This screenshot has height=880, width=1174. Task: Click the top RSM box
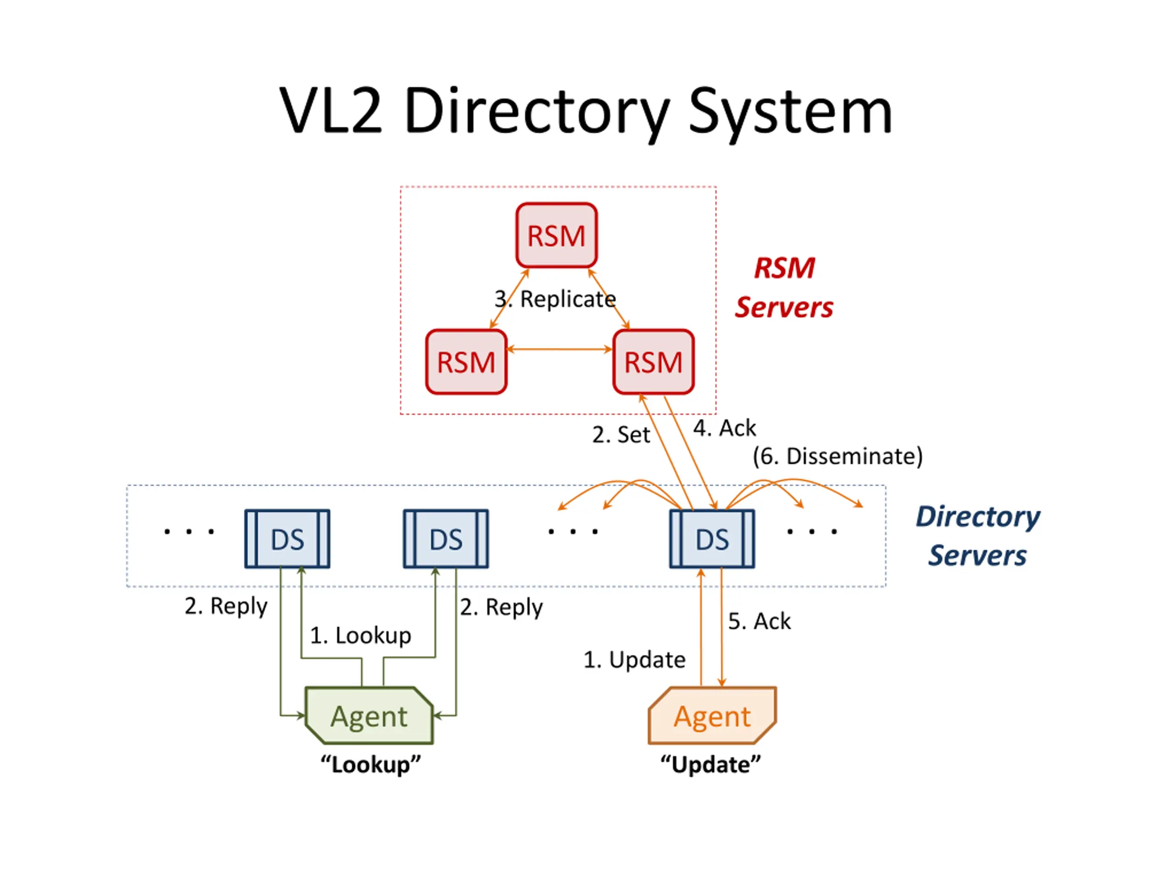pos(556,235)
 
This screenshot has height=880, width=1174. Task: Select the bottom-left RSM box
pos(466,362)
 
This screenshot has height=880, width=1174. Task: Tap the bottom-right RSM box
pos(653,362)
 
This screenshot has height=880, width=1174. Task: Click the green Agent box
pos(369,715)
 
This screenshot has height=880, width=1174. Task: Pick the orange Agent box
pos(712,715)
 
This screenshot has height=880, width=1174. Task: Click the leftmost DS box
pos(287,539)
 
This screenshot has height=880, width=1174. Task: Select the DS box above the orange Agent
pos(712,539)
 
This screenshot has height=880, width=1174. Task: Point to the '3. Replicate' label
pos(555,299)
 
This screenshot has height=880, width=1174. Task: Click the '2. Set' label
pos(621,434)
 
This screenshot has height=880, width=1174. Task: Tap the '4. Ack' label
pos(725,428)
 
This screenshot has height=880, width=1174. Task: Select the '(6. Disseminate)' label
pos(837,456)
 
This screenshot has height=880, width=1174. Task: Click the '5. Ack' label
pos(759,621)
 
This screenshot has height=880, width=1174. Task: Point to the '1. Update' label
pos(634,660)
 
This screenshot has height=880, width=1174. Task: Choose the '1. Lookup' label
pos(360,635)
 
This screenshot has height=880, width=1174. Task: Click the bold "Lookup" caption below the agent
pos(371,764)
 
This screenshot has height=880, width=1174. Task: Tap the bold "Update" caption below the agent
pos(710,764)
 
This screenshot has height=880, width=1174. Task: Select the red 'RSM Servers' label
pos(784,287)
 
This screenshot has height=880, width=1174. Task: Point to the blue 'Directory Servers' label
pos(978,536)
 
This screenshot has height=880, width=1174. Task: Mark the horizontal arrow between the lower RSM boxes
pos(560,349)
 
